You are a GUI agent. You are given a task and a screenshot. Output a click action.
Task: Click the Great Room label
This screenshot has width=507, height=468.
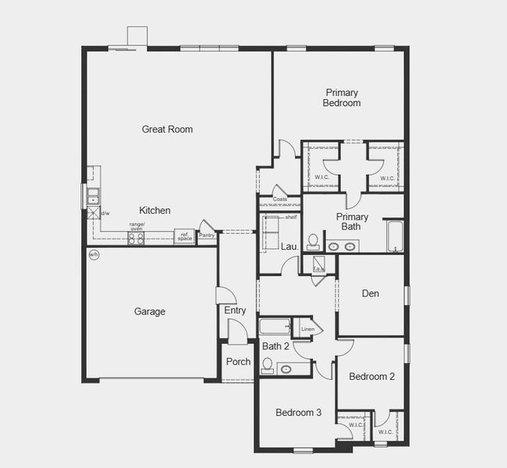coord(167,129)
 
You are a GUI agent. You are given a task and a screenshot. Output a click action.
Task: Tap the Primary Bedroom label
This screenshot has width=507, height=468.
coord(342,97)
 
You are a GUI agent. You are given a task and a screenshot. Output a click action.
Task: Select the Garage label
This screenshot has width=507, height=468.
coord(150,312)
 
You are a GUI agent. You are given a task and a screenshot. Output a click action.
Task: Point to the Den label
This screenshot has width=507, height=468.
coord(370,294)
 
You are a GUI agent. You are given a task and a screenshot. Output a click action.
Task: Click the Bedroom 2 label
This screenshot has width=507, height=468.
coord(371,377)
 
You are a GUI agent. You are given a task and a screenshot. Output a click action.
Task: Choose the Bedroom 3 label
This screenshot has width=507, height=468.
coord(298,413)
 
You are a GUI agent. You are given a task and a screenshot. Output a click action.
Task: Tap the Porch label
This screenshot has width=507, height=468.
coord(238,362)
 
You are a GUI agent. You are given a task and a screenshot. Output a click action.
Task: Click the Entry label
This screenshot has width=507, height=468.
coord(235,311)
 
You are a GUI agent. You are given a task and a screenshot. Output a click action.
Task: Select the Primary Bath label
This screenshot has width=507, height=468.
coord(353,222)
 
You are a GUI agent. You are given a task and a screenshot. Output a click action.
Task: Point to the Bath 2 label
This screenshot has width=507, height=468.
coord(275,346)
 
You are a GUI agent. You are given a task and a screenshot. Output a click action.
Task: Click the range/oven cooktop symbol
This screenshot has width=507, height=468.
coord(136,239)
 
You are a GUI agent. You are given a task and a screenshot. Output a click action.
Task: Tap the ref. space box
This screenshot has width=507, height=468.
coord(185,236)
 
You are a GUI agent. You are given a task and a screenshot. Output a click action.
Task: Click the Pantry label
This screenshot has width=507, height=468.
coord(207,236)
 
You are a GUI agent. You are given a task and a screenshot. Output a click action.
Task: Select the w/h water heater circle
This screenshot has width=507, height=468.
coord(94,255)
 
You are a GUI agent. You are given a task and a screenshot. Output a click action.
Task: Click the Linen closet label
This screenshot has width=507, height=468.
coord(307,330)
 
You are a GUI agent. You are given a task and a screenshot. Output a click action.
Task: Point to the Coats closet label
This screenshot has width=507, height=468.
coord(279,200)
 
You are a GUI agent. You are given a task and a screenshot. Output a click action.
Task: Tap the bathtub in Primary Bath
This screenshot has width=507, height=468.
coord(394,237)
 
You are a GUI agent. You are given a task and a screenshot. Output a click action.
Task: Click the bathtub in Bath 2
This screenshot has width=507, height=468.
coord(274,327)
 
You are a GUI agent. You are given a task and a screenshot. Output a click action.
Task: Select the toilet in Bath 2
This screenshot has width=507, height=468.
coord(268,365)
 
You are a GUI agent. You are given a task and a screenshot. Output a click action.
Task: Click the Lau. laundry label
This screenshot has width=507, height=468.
coord(290,246)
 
